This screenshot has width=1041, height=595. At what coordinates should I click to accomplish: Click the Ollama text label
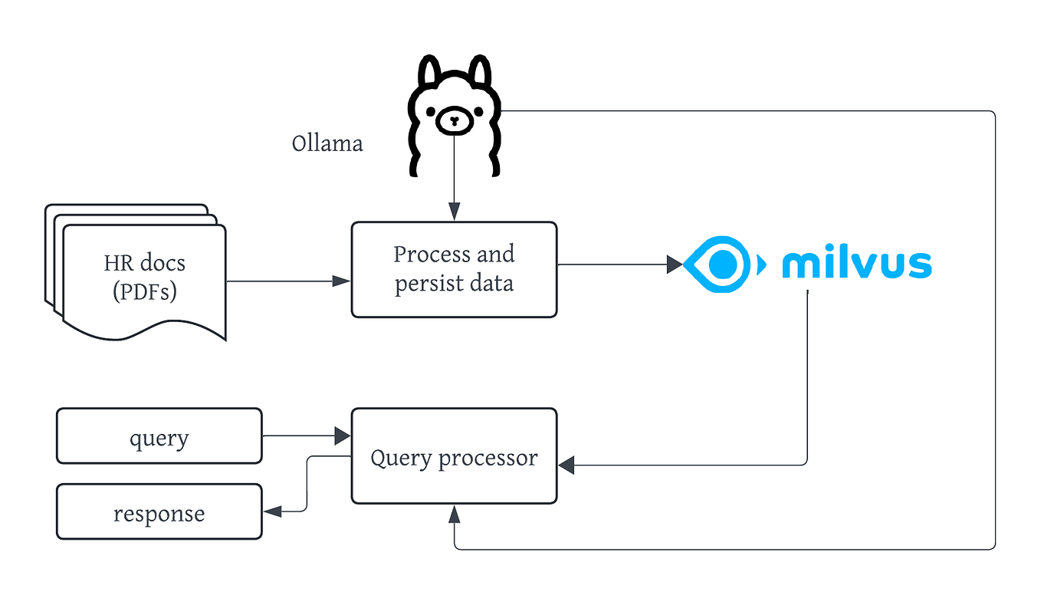click(327, 143)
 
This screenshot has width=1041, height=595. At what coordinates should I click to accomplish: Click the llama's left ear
click(429, 73)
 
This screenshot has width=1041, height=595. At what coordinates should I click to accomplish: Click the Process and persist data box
click(454, 269)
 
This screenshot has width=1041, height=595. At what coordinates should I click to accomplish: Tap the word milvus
click(856, 264)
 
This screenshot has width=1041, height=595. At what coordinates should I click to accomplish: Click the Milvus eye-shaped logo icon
click(721, 265)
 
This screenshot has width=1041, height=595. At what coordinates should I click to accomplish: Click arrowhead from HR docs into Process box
click(342, 281)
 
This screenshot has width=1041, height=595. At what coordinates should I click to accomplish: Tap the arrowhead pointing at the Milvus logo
click(675, 265)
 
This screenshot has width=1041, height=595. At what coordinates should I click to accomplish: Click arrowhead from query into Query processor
click(342, 436)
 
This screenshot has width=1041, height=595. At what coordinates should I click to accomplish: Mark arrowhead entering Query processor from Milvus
click(566, 465)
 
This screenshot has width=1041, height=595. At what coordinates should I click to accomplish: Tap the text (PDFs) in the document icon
click(144, 291)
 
